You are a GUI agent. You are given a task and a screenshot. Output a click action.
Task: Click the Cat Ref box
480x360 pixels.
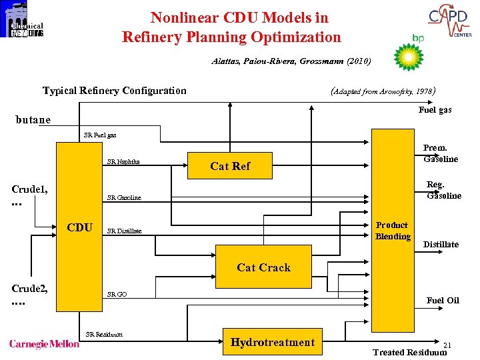(x=230, y=166)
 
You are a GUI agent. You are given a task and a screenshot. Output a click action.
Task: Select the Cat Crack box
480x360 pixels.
(x=263, y=267)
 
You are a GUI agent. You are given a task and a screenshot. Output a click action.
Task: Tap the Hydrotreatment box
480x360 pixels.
(x=272, y=343)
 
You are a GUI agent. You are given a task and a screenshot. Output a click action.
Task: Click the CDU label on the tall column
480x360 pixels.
(x=80, y=227)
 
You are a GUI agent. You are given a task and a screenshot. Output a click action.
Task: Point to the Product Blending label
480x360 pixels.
(x=393, y=231)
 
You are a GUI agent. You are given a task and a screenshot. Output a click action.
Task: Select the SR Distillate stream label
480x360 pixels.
(x=125, y=231)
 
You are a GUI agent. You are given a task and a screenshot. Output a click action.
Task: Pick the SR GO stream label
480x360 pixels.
(x=117, y=294)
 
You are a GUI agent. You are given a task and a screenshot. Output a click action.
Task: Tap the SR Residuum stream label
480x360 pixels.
(x=104, y=334)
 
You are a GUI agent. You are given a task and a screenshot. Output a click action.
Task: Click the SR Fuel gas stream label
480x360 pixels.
(x=100, y=135)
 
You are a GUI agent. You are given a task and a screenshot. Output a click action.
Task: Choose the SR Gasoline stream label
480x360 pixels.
(x=124, y=198)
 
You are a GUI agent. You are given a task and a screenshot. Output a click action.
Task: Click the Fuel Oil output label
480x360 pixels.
(x=443, y=300)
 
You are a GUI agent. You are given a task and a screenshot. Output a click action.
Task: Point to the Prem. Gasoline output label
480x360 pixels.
(x=440, y=153)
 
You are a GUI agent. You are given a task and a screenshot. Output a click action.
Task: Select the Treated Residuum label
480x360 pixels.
(x=409, y=353)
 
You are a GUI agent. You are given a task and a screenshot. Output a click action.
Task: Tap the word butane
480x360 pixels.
(x=33, y=120)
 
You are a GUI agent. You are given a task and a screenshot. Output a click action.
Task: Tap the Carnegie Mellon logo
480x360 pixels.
(x=44, y=344)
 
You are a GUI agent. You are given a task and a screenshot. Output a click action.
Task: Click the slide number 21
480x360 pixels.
(x=447, y=345)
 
